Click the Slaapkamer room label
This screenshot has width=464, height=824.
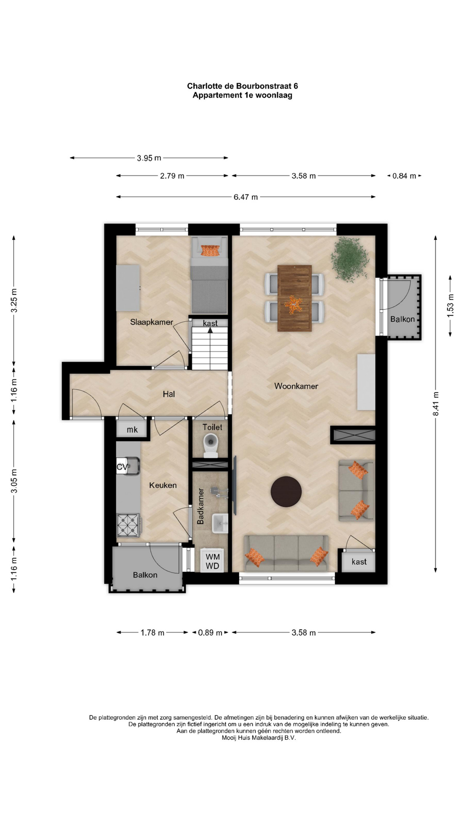click(152, 322)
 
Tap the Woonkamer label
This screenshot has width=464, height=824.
click(296, 386)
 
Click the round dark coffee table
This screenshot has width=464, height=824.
click(286, 491)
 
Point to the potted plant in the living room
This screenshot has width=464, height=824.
click(350, 259)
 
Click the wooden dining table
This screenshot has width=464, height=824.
click(295, 298)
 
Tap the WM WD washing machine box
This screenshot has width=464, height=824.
click(212, 561)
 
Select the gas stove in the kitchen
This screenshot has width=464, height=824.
click(128, 525)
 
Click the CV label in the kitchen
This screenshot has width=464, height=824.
click(122, 467)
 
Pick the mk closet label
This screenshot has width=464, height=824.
click(132, 430)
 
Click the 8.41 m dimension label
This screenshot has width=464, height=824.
click(436, 403)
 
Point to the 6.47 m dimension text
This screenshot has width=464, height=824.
click(246, 197)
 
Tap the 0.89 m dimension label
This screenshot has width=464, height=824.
click(210, 633)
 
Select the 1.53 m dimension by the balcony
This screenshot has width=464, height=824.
click(450, 306)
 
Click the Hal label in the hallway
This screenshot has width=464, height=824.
click(169, 394)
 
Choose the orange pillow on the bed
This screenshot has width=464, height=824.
click(210, 250)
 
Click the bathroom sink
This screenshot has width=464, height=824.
click(220, 523)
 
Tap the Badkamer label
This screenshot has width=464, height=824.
click(201, 506)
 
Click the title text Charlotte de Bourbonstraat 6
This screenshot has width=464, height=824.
click(242, 86)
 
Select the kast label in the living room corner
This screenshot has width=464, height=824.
click(359, 562)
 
